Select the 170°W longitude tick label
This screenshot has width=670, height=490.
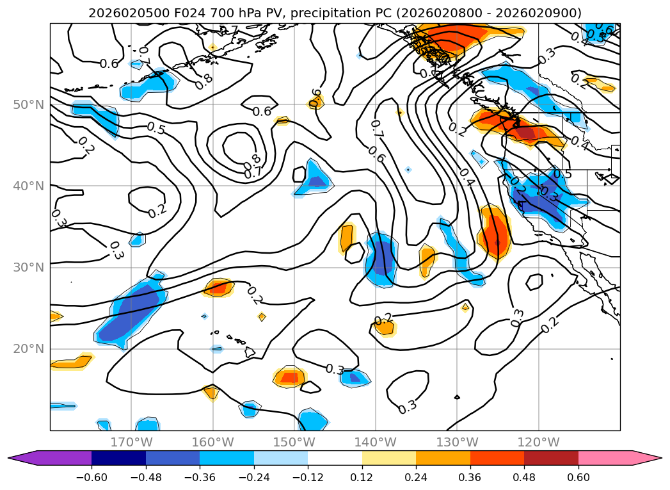tap(131, 442)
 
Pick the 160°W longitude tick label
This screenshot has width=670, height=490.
tap(212, 442)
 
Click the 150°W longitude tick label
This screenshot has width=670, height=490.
tap(294, 442)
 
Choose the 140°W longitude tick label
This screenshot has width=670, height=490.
tap(375, 442)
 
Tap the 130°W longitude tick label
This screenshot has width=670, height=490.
tap(456, 442)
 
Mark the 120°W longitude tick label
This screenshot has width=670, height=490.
tap(538, 442)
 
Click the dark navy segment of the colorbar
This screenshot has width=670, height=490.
tap(118, 458)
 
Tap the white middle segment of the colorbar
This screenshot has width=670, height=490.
tap(335, 458)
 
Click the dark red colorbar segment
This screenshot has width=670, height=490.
tap(551, 458)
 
